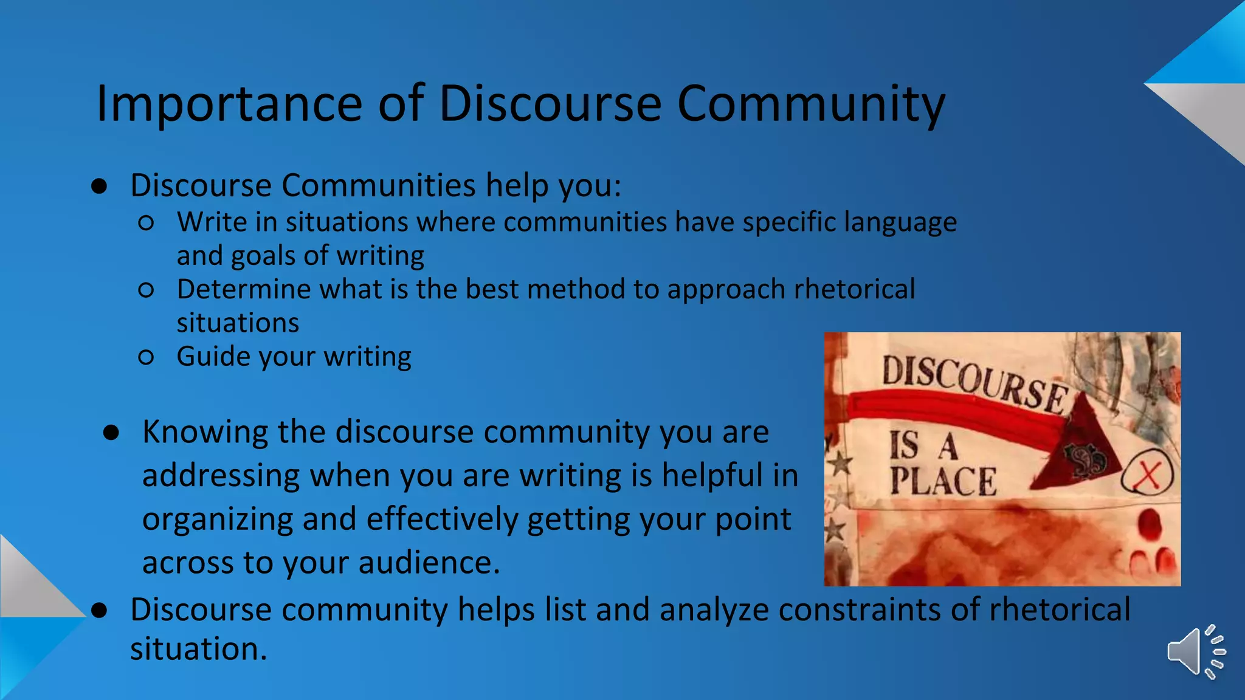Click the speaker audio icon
(x=1195, y=651)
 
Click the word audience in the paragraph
(x=429, y=563)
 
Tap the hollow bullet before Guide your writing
(x=146, y=357)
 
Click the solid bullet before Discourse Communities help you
(x=99, y=186)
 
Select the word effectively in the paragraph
(x=441, y=520)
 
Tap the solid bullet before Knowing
(x=111, y=433)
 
